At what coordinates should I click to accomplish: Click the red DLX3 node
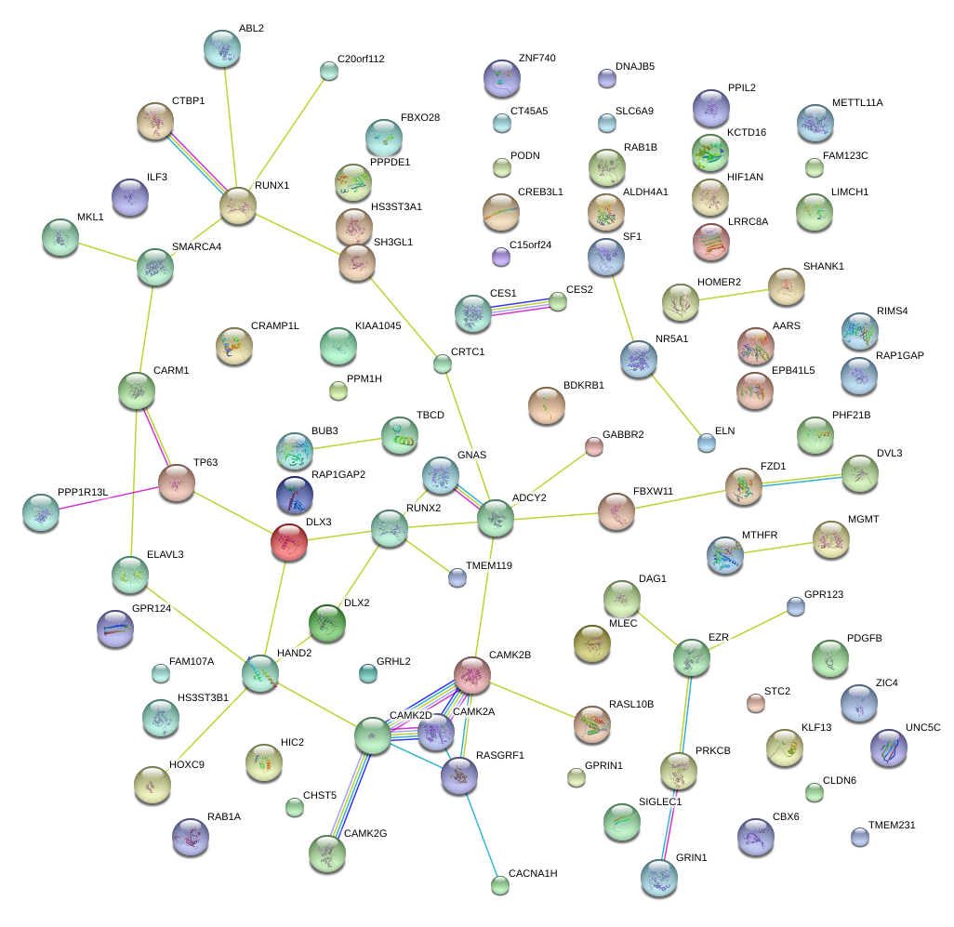pyautogui.click(x=289, y=542)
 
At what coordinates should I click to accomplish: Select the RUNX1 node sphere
pyautogui.click(x=238, y=205)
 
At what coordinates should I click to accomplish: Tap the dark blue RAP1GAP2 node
pyautogui.click(x=295, y=496)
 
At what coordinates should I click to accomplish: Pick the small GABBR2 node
pyautogui.click(x=594, y=446)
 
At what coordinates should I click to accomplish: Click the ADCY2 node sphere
pyautogui.click(x=496, y=518)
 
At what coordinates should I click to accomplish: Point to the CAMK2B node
pyautogui.click(x=472, y=675)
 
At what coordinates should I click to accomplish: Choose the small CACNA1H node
pyautogui.click(x=500, y=886)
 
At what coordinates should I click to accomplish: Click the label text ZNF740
pyautogui.click(x=537, y=58)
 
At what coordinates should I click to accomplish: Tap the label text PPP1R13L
pyautogui.click(x=83, y=492)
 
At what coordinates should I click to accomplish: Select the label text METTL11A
pyautogui.click(x=857, y=103)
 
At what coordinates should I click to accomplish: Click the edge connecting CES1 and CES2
pyautogui.click(x=515, y=306)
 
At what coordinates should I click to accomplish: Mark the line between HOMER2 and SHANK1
pyautogui.click(x=733, y=295)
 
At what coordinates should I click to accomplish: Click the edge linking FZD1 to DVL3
pyautogui.click(x=802, y=480)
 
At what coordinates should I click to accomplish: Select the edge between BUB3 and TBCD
pyautogui.click(x=347, y=444)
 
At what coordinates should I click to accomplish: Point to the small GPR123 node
pyautogui.click(x=796, y=606)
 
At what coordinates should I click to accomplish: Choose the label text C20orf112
pyautogui.click(x=361, y=59)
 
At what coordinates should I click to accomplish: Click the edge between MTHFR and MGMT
pyautogui.click(x=778, y=548)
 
